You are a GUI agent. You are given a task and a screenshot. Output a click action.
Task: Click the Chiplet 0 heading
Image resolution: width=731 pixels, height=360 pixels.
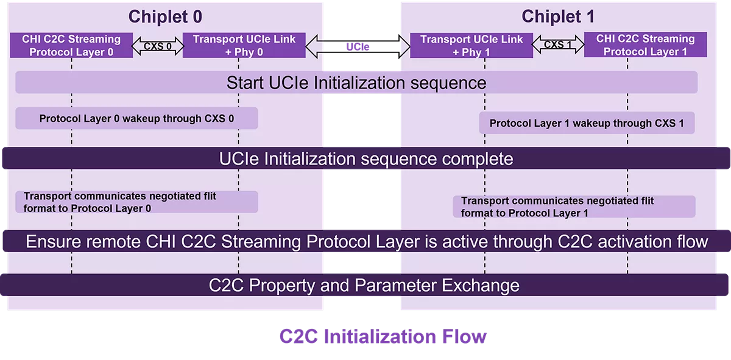pos(165,16)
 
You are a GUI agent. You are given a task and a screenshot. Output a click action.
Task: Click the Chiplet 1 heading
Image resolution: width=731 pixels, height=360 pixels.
pos(558,16)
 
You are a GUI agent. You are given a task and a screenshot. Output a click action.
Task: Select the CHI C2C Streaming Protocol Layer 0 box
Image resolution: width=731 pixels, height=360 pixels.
pos(71,45)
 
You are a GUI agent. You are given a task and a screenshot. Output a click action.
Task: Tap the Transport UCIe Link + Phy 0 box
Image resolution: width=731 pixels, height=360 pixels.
pos(244,45)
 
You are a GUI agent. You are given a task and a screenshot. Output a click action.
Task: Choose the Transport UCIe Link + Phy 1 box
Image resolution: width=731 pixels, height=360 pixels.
pos(471,45)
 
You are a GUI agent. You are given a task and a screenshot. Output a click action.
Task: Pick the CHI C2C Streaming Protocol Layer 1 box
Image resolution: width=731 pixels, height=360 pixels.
pos(645,45)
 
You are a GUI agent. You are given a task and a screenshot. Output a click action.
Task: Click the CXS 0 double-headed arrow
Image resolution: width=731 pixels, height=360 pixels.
pos(158,46)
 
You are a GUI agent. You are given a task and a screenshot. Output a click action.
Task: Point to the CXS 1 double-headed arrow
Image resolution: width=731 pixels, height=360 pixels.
pos(558,45)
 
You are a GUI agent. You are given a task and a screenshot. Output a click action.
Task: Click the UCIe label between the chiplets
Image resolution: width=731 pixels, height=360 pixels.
pos(358,47)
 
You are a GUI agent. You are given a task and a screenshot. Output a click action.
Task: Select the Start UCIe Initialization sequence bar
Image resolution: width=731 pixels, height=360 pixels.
pos(356,82)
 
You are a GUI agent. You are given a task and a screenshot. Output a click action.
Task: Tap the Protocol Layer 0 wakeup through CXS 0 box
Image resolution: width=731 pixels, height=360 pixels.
pos(136,118)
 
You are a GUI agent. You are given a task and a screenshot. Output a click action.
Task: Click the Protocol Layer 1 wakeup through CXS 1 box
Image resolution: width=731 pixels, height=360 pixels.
pos(587,123)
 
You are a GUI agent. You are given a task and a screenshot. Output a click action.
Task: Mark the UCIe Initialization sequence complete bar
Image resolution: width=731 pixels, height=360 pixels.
pos(365,159)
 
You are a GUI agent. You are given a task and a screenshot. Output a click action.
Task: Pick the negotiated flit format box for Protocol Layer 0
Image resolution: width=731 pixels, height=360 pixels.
pos(136,202)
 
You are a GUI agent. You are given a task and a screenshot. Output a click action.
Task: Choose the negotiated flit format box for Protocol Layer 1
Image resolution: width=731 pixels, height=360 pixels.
pos(574,206)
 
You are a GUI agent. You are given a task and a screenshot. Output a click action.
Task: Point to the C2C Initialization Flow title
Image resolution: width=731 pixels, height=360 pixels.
pos(383,336)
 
